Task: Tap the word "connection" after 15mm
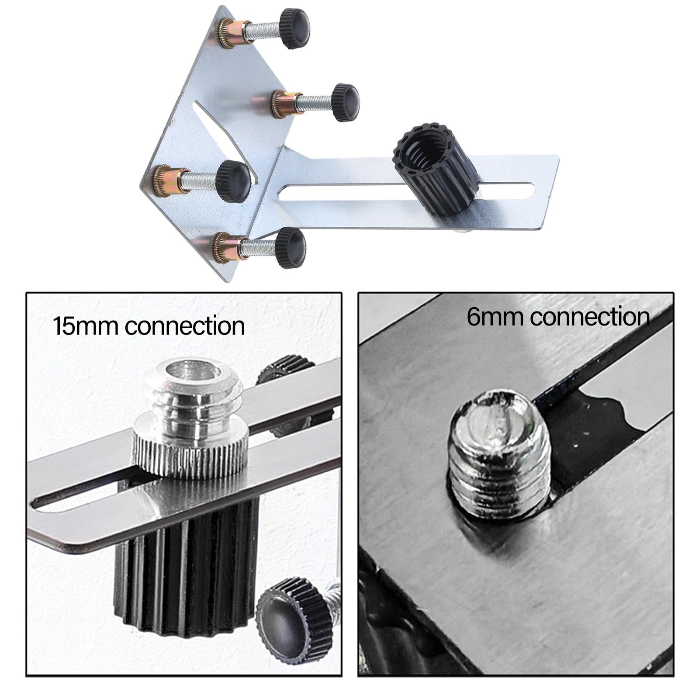click(185, 326)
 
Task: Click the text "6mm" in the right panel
click(495, 316)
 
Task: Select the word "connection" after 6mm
click(590, 316)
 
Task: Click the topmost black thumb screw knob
click(294, 29)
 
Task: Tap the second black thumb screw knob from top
click(345, 102)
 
